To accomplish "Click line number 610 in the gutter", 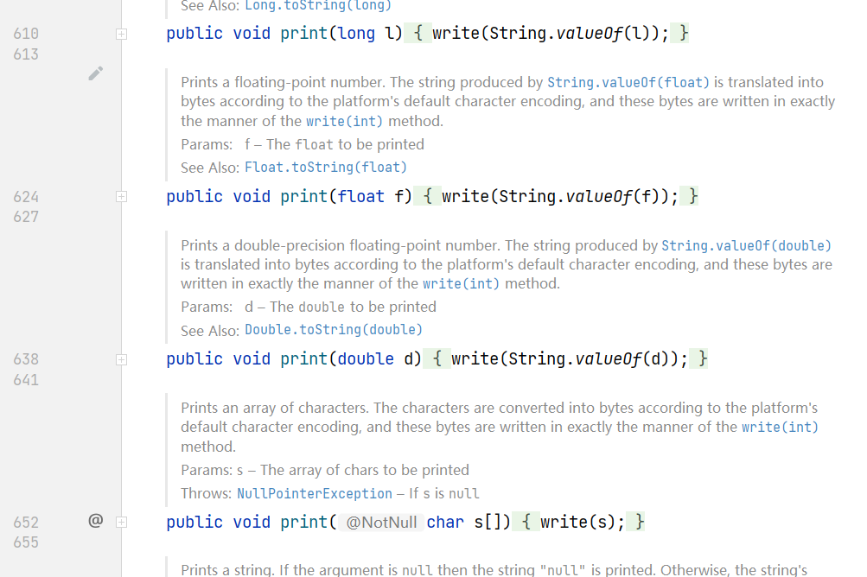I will (x=26, y=34).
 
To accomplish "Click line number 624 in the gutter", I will (x=26, y=197).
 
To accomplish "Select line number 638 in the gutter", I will (x=26, y=359).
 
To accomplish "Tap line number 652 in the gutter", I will (x=26, y=522).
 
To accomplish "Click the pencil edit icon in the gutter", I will (x=96, y=73).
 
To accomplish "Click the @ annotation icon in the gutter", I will (x=96, y=521).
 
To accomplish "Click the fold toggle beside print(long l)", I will (x=121, y=34).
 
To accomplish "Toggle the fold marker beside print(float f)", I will (x=121, y=197).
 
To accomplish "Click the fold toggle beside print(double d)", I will (x=121, y=359).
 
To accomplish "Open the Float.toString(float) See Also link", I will (x=326, y=167).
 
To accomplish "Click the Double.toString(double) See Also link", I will (x=334, y=329).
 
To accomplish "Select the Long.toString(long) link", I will (x=318, y=5).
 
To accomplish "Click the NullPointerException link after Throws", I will (x=315, y=493).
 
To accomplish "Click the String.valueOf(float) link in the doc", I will (x=628, y=83).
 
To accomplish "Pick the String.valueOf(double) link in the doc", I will (x=747, y=245).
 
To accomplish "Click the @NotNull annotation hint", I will (x=381, y=523).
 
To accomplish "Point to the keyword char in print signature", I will (x=445, y=522).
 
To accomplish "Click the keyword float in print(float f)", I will (x=361, y=197).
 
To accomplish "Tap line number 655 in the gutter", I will (x=26, y=542).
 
